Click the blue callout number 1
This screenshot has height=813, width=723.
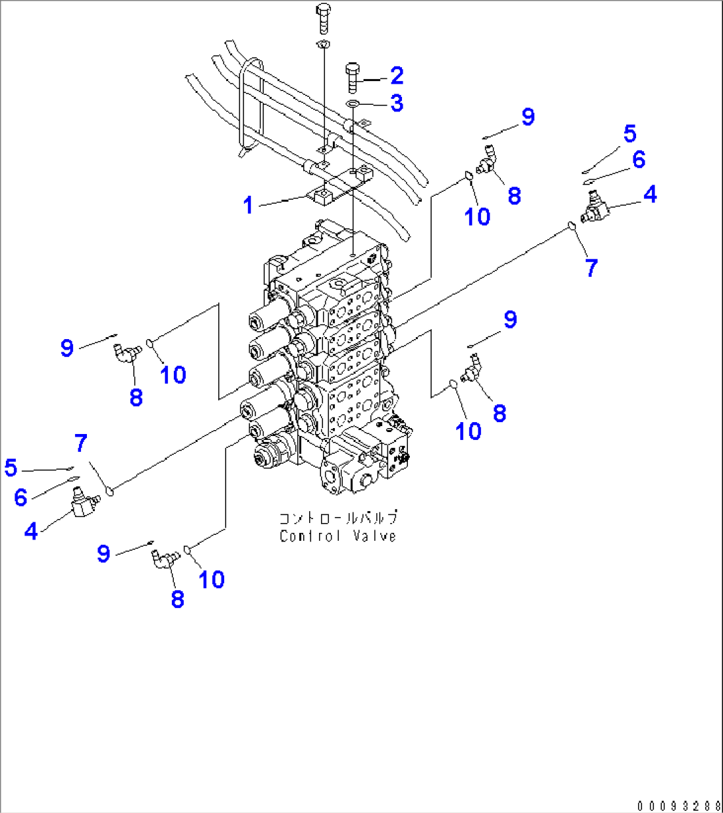(247, 206)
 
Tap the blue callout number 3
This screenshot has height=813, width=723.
(396, 104)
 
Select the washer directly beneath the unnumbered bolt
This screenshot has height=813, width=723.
(323, 44)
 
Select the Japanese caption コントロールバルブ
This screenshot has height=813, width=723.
(338, 518)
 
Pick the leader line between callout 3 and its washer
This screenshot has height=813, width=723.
(374, 104)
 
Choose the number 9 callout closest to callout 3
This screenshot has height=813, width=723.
(527, 117)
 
